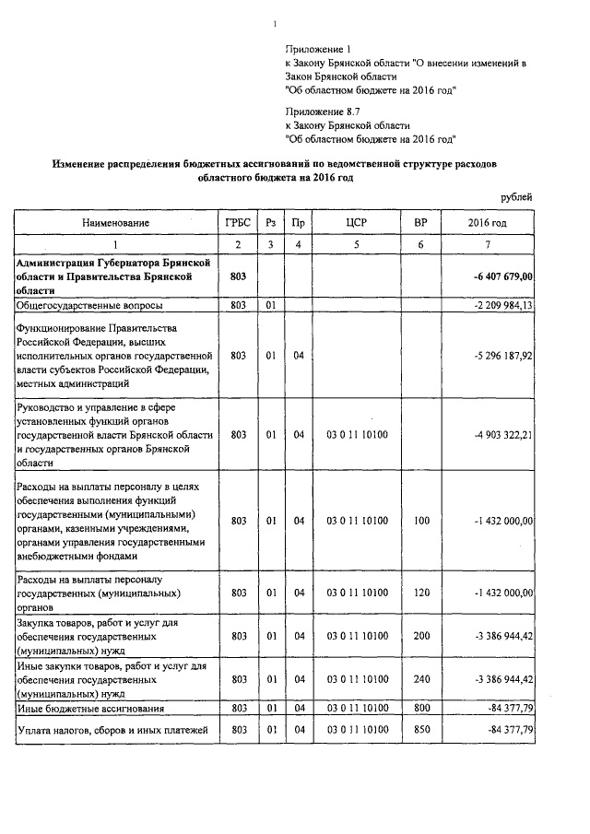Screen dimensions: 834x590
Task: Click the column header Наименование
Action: click(115, 223)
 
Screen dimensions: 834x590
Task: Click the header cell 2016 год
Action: click(487, 223)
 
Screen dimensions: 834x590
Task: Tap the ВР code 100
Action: click(421, 521)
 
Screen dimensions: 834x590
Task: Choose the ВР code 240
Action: click(421, 678)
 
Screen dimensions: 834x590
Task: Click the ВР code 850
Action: click(421, 730)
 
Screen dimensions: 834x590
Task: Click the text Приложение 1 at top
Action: click(313, 48)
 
